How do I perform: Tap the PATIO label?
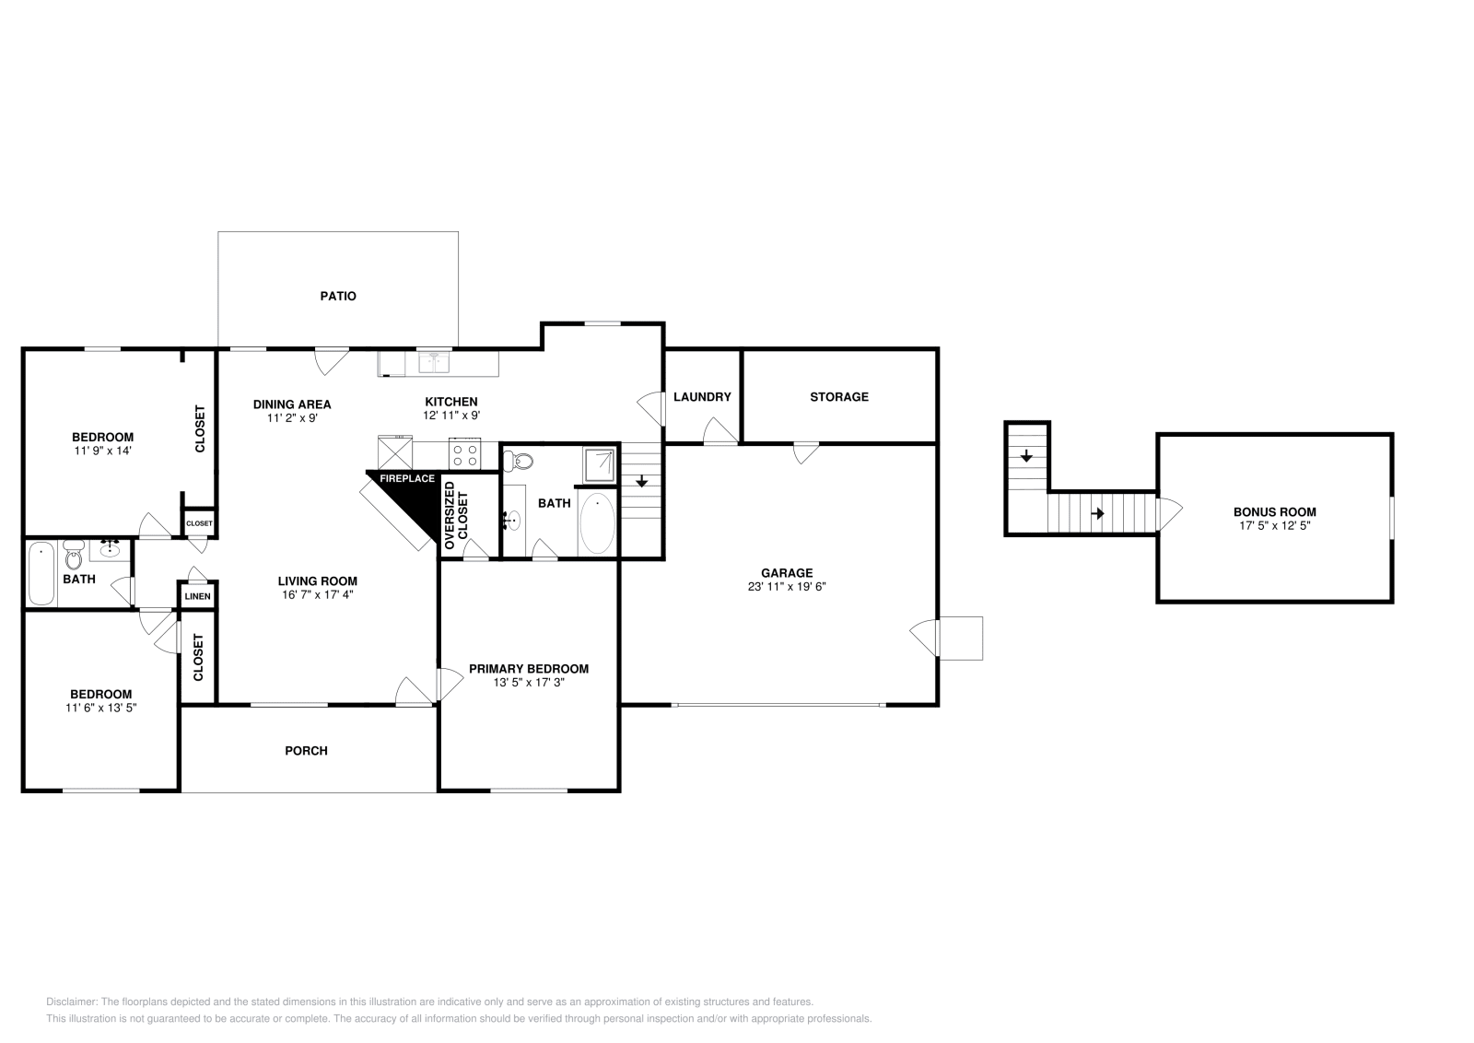[x=338, y=296]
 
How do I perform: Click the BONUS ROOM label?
[x=1274, y=511]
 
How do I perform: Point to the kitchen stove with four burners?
[x=465, y=454]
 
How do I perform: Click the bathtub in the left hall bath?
[x=41, y=574]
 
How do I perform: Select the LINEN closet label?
[x=197, y=597]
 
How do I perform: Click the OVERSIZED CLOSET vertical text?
[x=456, y=515]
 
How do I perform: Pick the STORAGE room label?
[x=838, y=396]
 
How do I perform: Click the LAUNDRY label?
[x=702, y=396]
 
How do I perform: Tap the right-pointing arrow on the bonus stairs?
[x=1097, y=513]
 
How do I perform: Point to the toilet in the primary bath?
[x=523, y=460]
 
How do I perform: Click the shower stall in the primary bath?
[x=599, y=464]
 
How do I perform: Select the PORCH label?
[x=306, y=750]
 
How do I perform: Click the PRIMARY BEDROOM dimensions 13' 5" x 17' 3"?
[x=528, y=683]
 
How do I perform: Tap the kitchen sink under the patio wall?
[x=433, y=362]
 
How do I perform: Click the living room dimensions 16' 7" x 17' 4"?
[x=317, y=594]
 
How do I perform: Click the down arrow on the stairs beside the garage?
[x=642, y=482]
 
